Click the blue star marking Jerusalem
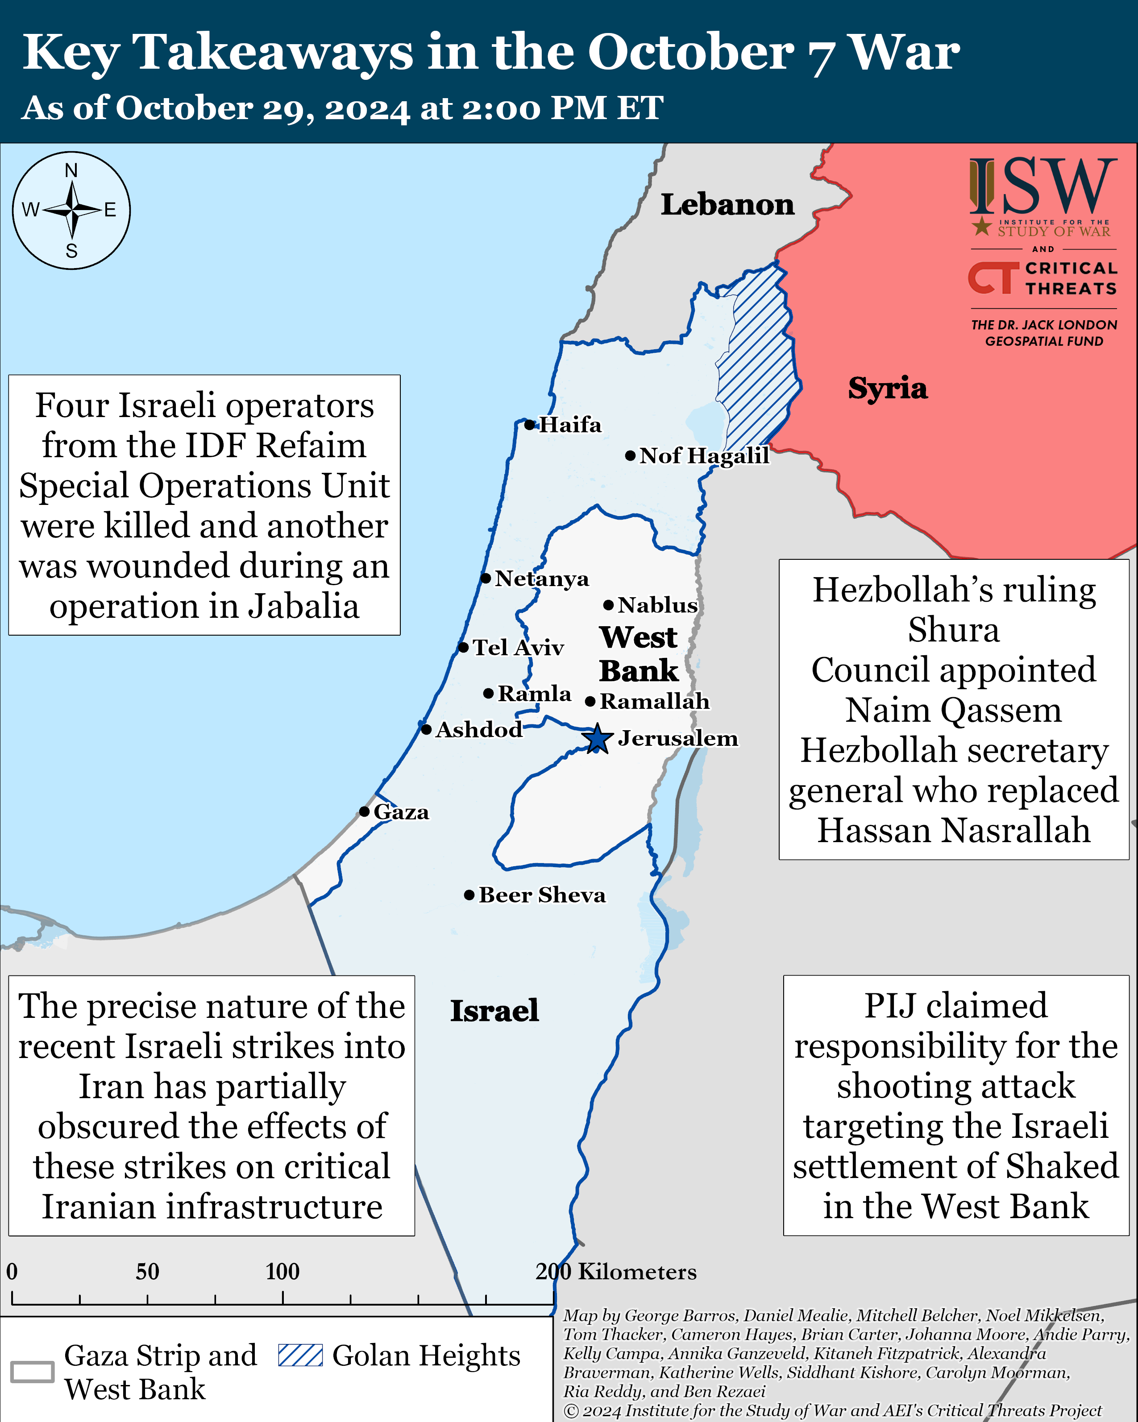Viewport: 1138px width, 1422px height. (597, 739)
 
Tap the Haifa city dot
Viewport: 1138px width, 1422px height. (529, 425)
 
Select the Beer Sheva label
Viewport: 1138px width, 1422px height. (542, 895)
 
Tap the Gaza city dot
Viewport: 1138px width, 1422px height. (364, 811)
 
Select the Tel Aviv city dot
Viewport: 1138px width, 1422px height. (463, 648)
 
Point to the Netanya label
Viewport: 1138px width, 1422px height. (542, 579)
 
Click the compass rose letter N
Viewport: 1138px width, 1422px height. (71, 171)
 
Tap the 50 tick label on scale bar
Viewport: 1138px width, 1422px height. (147, 1272)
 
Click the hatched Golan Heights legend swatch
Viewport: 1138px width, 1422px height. (300, 1356)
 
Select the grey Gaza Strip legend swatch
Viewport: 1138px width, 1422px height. (32, 1372)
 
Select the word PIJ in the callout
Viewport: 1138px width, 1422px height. (889, 1006)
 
